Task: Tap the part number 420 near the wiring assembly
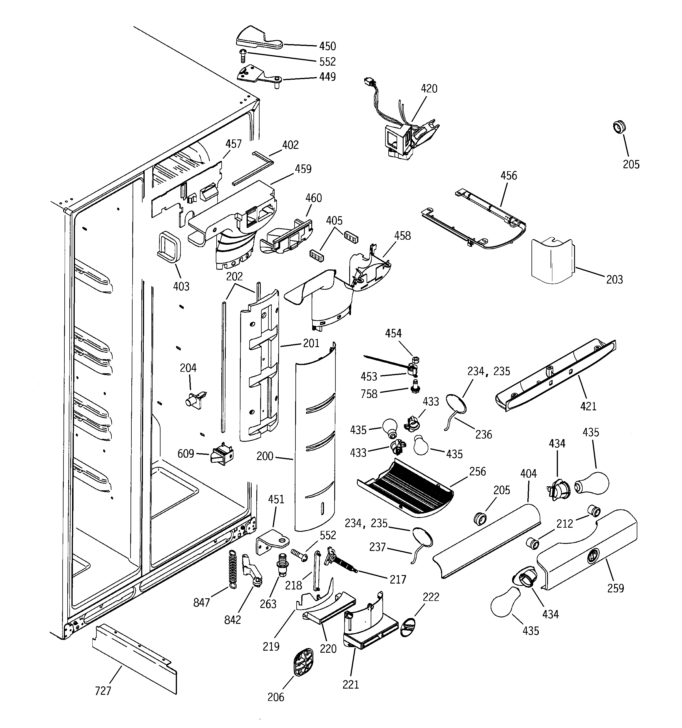pos(429,89)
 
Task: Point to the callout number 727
pos(103,691)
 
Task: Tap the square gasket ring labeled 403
pos(170,247)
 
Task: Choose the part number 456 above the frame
pos(509,176)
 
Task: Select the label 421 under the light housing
pos(588,406)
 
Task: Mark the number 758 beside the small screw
pos(369,394)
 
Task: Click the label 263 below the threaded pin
pos(268,604)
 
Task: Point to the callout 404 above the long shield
pos(528,474)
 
